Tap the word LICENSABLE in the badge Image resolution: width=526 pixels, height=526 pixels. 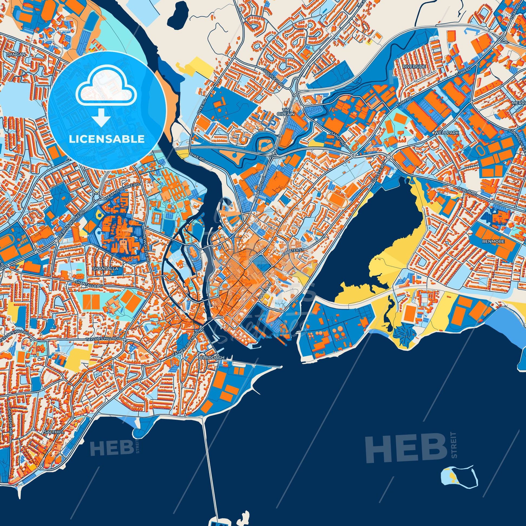pos(106,139)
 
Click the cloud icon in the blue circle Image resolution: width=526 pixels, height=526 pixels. pos(106,90)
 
